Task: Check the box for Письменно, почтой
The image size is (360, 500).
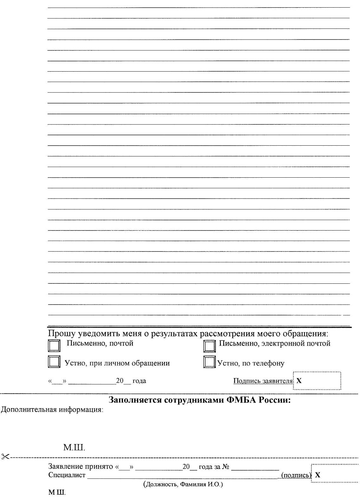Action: coord(54,346)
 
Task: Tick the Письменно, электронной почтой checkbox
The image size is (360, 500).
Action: coord(209,346)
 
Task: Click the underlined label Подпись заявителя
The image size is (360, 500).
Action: coord(263,381)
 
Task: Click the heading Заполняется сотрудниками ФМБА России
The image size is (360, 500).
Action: coord(200,400)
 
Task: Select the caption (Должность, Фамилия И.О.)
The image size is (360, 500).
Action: coord(183,484)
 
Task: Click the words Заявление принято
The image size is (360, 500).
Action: coord(80,467)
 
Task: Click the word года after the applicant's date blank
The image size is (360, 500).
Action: coord(139,381)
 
